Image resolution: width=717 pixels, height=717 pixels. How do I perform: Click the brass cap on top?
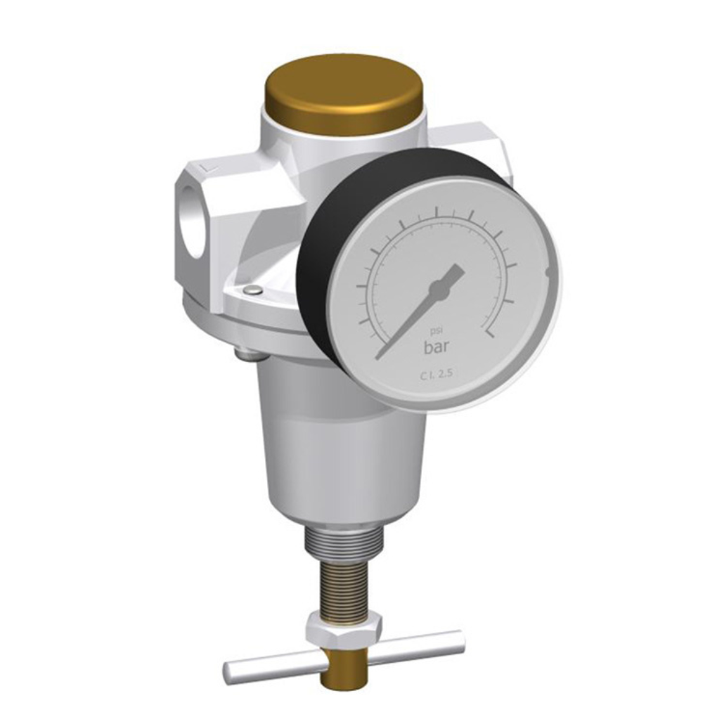[x=347, y=96]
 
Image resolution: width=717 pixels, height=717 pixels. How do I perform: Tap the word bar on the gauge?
[x=437, y=347]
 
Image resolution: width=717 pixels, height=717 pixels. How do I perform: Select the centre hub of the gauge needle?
[x=439, y=289]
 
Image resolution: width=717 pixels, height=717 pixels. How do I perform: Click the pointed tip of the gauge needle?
[x=376, y=358]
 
